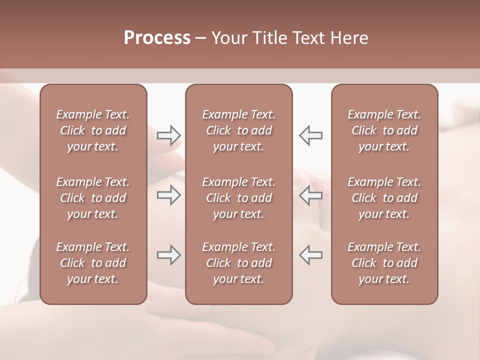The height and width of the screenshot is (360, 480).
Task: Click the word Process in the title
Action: point(157,38)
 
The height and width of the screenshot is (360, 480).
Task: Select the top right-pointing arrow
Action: point(169,135)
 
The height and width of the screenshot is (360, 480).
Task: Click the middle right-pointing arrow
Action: point(169,195)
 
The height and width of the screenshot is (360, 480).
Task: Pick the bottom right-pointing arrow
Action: point(169,255)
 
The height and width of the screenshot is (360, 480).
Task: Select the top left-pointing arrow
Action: point(310,135)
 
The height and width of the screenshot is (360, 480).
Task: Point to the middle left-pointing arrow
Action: point(310,195)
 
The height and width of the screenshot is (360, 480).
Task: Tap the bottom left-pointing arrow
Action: point(310,255)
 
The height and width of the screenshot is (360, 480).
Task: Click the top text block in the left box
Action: point(93,130)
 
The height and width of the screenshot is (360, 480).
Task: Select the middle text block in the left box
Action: point(93,198)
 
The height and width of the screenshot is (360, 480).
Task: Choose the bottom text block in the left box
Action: point(93,263)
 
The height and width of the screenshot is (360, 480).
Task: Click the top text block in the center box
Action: point(238,130)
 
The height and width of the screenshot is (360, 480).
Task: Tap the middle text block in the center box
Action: point(238,198)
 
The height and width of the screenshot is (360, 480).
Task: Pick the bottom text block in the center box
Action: point(238,263)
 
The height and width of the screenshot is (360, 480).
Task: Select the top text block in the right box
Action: point(384,130)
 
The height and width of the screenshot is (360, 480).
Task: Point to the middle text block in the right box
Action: point(384,198)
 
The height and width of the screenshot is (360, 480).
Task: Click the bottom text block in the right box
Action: point(384,263)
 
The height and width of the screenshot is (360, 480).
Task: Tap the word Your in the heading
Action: point(228,38)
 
